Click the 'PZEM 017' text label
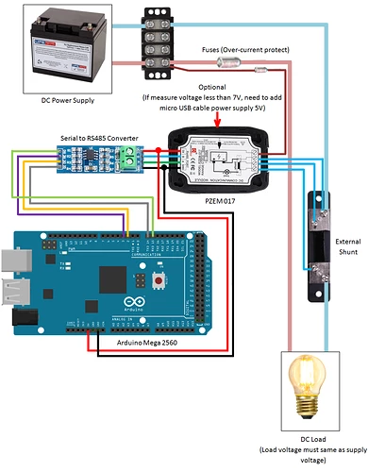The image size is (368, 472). (224, 200)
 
